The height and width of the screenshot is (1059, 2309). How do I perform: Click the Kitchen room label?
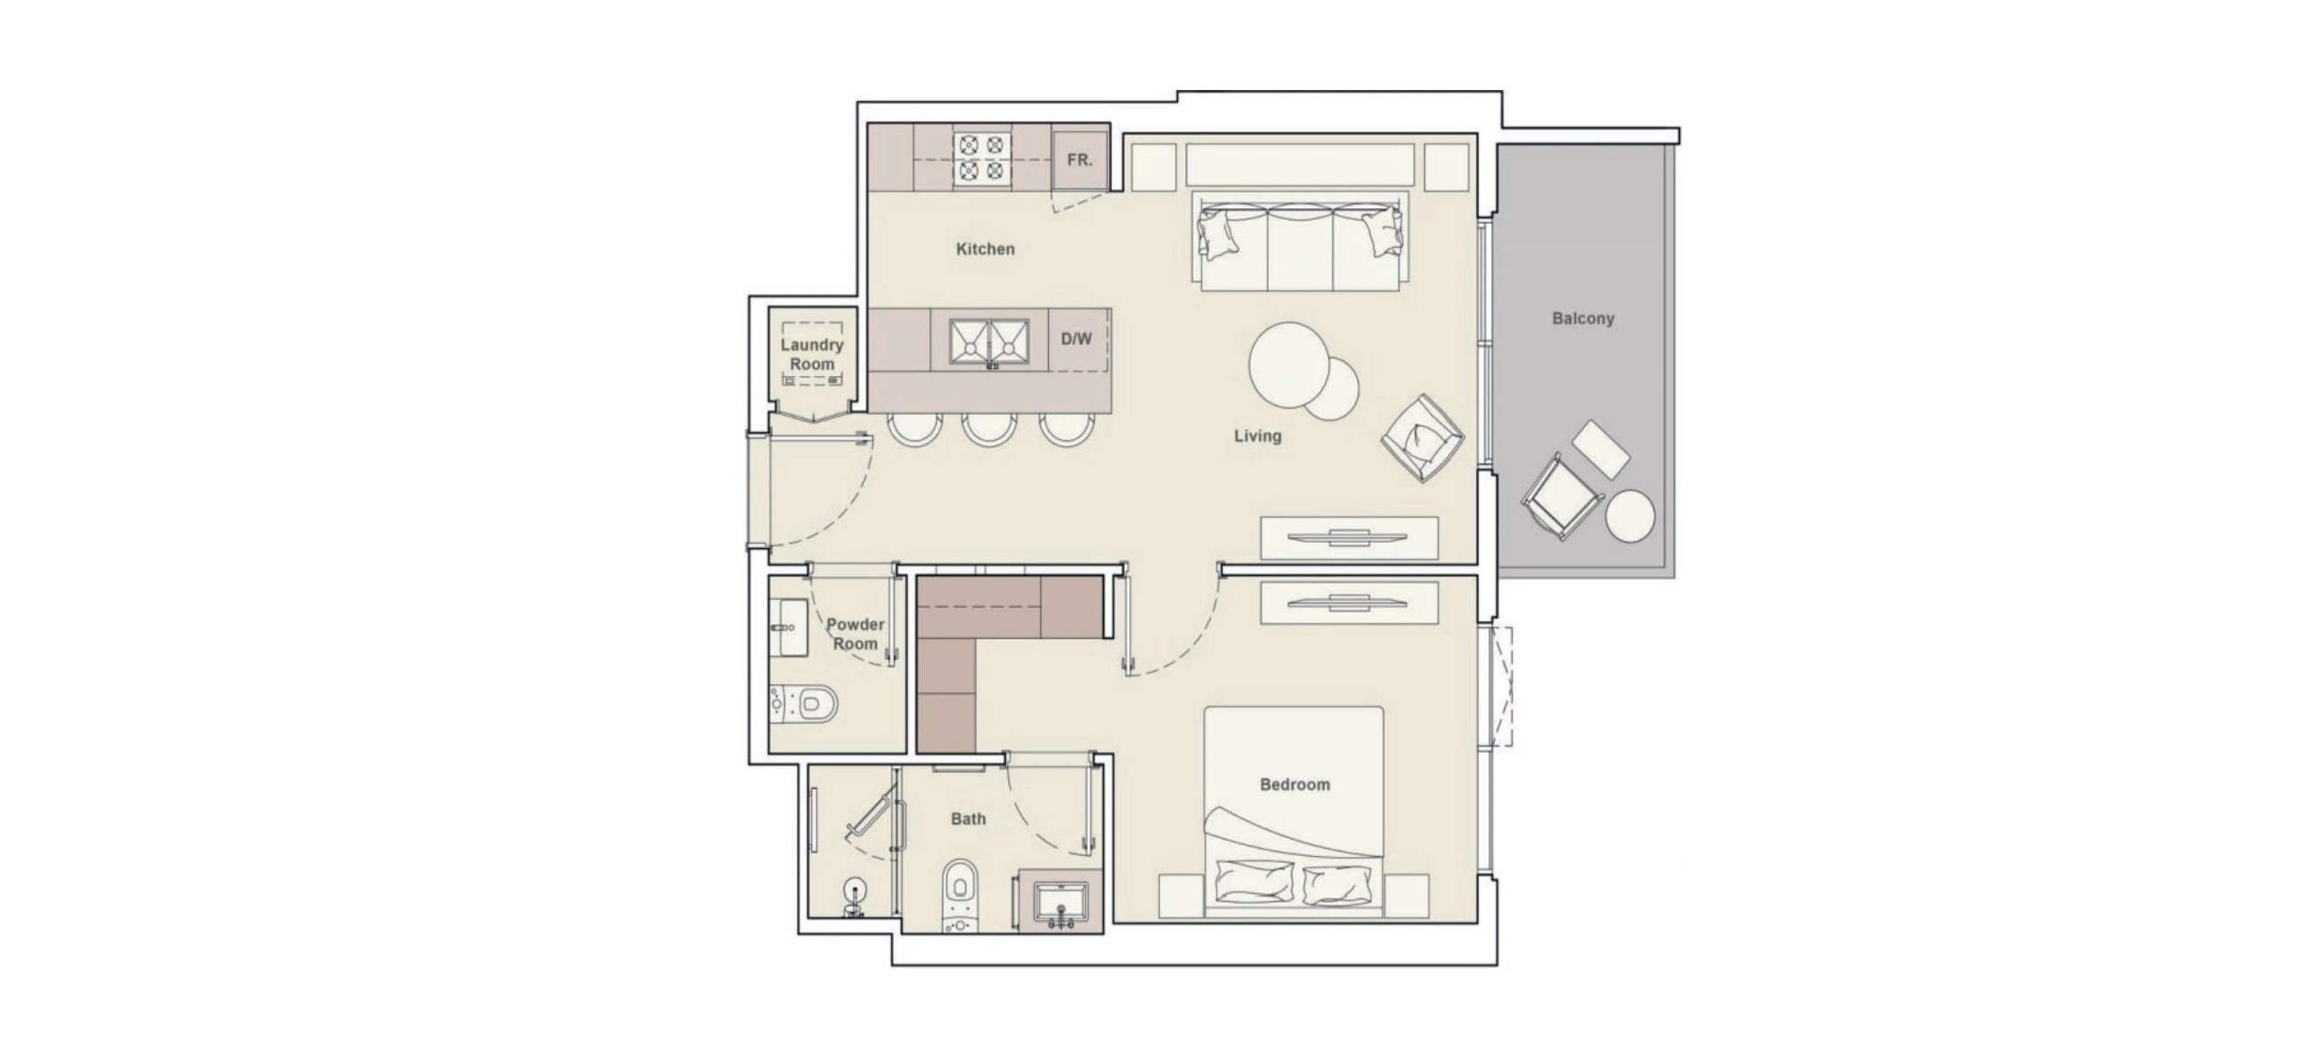click(x=985, y=249)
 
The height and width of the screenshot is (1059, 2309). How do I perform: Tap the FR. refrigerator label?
click(x=1079, y=161)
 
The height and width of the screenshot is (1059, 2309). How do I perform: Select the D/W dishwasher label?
click(x=1076, y=339)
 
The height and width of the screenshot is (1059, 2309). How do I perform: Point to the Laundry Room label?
click(x=812, y=354)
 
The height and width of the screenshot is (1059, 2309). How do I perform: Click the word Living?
click(x=1257, y=436)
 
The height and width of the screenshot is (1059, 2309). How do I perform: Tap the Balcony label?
click(x=1583, y=319)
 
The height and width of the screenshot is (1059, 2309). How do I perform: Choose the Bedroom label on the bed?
click(x=1295, y=785)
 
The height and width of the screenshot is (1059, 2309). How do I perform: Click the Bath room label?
click(x=968, y=819)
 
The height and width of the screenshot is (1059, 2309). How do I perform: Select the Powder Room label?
click(x=855, y=634)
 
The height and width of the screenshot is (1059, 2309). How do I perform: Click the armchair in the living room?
click(x=1422, y=438)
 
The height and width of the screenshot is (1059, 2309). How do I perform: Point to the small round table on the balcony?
click(x=1630, y=515)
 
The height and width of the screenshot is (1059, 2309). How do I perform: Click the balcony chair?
click(x=1561, y=496)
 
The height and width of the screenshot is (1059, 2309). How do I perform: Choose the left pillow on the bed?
click(x=1255, y=881)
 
